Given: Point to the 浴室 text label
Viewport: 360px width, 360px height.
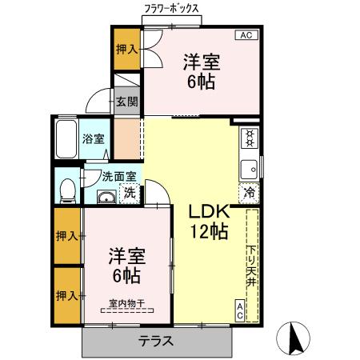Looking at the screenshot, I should pyautogui.click(x=93, y=139).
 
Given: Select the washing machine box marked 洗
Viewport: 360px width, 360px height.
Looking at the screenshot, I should pyautogui.click(x=129, y=193).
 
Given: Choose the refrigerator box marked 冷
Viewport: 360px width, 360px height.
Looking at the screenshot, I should pyautogui.click(x=249, y=192).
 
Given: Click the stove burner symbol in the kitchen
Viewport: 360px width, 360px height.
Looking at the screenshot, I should pyautogui.click(x=249, y=137).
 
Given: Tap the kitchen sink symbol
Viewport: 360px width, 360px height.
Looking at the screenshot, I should pyautogui.click(x=249, y=169).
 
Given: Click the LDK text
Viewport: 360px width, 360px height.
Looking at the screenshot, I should pyautogui.click(x=210, y=212).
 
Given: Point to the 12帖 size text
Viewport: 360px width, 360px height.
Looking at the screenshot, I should pyautogui.click(x=210, y=233).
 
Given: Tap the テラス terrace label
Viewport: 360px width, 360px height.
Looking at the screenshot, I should pyautogui.click(x=156, y=340).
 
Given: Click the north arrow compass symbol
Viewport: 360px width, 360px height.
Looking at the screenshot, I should pyautogui.click(x=294, y=340).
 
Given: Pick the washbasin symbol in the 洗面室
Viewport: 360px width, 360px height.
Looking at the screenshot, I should pyautogui.click(x=106, y=197).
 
